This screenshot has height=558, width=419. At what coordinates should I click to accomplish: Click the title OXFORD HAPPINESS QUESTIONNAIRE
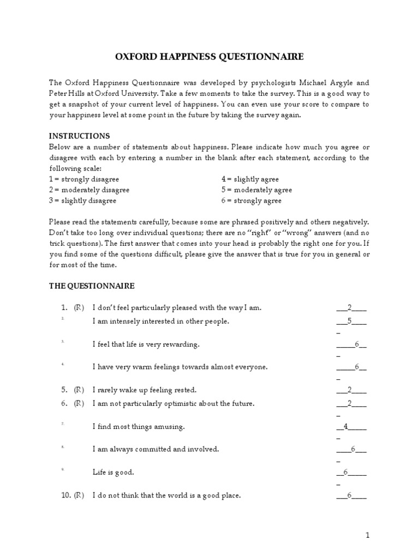209,57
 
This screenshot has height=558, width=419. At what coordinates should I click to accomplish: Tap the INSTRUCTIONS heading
80,136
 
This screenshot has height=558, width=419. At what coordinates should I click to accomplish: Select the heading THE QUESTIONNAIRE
92,286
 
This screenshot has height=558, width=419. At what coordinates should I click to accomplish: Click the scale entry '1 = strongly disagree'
84,179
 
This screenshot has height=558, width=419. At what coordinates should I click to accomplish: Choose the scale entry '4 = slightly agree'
250,179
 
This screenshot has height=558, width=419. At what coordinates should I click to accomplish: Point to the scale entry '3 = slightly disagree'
83,201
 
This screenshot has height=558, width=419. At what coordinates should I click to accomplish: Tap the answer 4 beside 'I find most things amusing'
346,427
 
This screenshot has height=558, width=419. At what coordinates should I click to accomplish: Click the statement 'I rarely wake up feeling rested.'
145,390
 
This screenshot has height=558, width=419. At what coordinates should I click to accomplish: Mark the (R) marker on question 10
79,496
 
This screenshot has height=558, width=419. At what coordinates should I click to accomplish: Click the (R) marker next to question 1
79,308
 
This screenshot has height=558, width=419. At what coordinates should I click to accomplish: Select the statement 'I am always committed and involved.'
156,450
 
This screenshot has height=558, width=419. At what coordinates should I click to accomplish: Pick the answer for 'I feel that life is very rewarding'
357,344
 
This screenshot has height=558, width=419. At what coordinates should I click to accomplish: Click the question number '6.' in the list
64,404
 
